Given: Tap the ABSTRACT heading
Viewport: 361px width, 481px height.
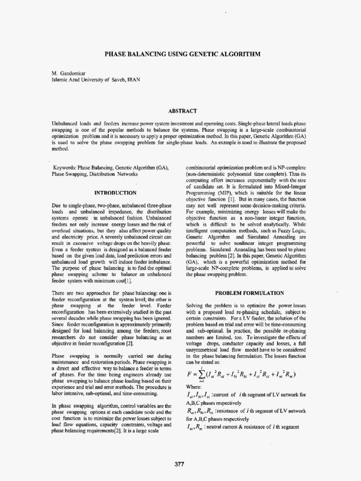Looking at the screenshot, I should (x=181, y=111).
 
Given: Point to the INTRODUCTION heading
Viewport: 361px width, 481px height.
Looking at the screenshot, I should (x=116, y=193).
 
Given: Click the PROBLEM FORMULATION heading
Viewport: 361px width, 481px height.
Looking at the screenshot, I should (x=249, y=293).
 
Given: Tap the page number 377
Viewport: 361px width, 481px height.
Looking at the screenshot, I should (x=179, y=464).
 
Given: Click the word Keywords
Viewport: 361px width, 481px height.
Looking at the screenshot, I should (x=65, y=168).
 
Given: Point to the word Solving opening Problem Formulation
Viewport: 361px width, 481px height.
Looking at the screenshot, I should (x=196, y=305).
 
